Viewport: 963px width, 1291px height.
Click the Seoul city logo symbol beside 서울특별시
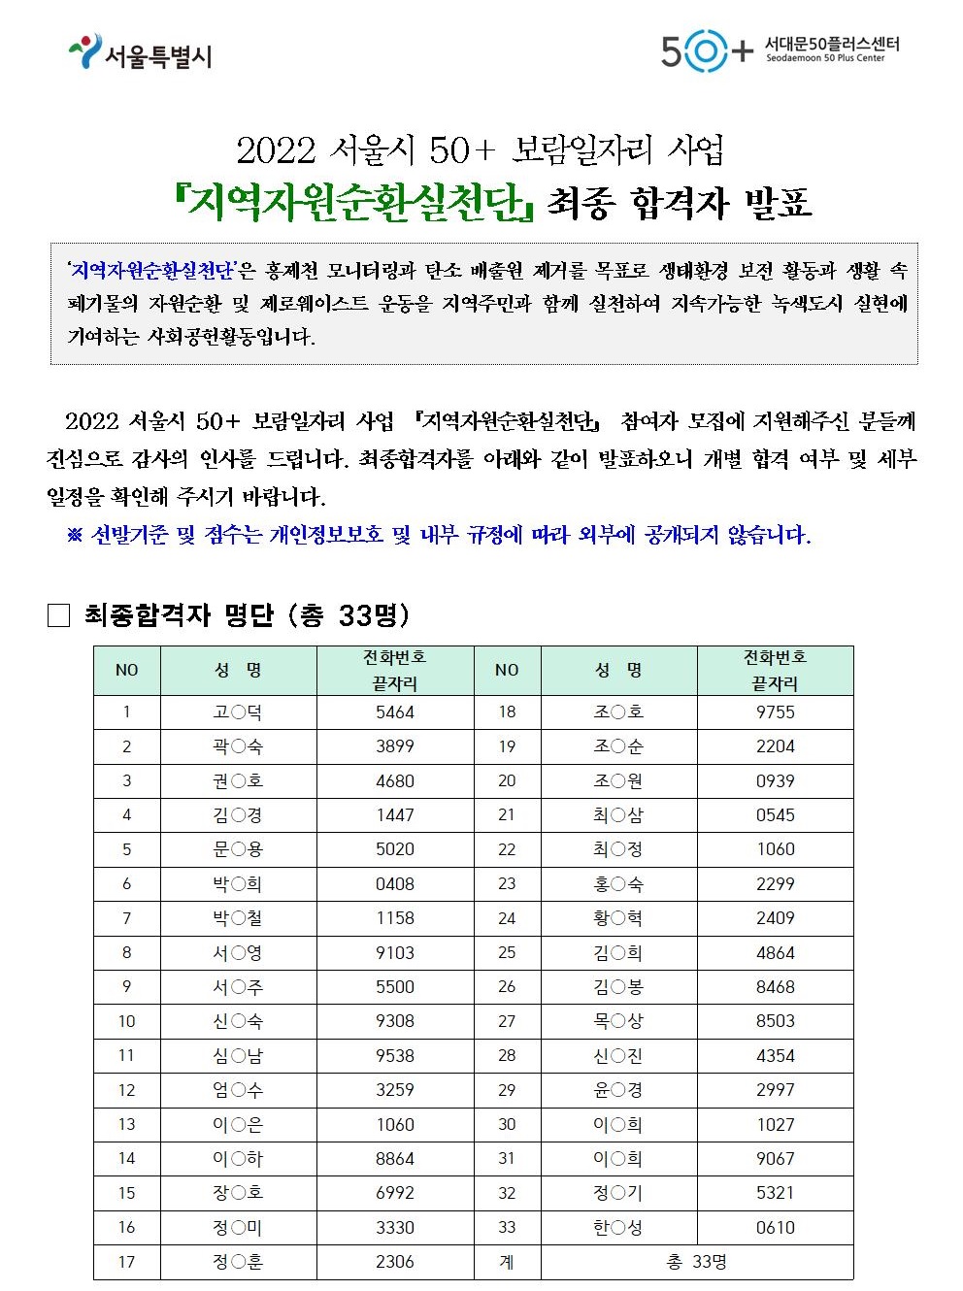pos(85,50)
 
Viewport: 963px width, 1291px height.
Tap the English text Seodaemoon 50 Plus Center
pos(825,58)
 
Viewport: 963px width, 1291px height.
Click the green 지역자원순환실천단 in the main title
pos(353,201)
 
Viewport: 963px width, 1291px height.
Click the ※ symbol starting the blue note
pos(75,535)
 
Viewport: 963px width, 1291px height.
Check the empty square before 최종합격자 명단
pos(59,615)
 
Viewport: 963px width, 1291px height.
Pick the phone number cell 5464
pos(395,712)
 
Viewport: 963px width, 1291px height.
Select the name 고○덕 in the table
pos(238,712)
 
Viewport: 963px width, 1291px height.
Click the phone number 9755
pos(775,712)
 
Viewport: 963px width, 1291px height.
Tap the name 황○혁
pos(618,918)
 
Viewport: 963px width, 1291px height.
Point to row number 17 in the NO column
pos(126,1262)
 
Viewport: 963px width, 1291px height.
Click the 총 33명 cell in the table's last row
pos(697,1262)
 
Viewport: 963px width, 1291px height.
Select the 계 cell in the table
pos(507,1262)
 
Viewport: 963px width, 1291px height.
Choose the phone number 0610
pos(775,1228)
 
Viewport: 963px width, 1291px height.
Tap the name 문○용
pos(238,849)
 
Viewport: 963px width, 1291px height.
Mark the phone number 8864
pos(395,1159)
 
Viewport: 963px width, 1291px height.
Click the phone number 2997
pos(775,1090)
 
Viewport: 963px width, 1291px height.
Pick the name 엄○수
pos(238,1090)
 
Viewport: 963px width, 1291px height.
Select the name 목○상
pos(618,1021)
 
